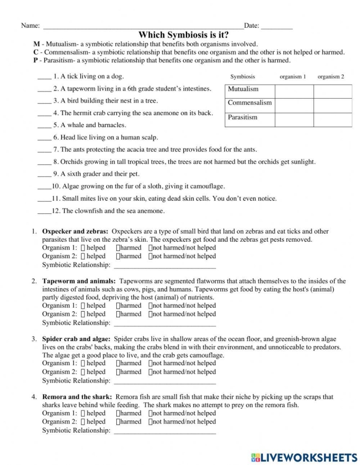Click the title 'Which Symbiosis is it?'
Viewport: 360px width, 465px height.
[184, 34]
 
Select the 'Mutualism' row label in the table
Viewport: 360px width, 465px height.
[243, 90]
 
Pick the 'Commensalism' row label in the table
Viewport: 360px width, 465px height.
[249, 103]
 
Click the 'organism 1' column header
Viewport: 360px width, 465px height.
[293, 77]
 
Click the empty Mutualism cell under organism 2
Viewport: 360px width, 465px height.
[332, 91]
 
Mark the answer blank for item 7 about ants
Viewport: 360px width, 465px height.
[44, 151]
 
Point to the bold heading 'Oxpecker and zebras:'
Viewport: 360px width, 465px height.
[75, 232]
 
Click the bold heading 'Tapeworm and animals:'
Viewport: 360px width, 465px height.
[79, 281]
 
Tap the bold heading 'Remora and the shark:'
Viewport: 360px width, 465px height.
[77, 397]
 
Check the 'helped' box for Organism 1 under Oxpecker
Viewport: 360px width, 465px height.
[83, 248]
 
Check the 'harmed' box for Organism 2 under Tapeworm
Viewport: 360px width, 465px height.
[118, 314]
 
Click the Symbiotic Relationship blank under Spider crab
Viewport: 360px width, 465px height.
[164, 382]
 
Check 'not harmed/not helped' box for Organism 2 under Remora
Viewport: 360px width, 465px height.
[151, 422]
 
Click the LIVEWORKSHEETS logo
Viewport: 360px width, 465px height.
[303, 457]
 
